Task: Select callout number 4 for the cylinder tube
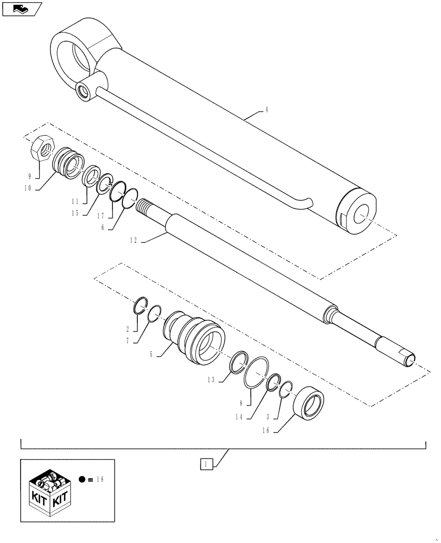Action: point(267,109)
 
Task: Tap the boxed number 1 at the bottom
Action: point(205,464)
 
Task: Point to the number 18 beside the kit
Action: point(98,479)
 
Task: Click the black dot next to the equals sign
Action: point(81,479)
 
